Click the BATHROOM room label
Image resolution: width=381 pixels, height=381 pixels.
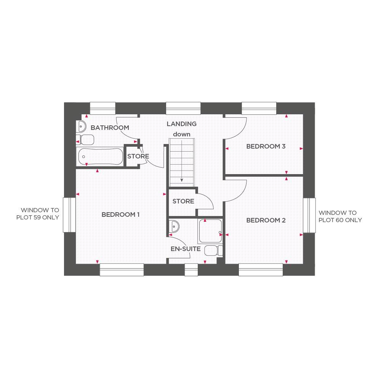click(110, 128)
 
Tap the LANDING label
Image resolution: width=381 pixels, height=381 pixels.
click(182, 124)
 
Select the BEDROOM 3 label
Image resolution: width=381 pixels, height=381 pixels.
click(266, 146)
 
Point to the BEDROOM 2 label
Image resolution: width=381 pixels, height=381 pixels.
click(266, 220)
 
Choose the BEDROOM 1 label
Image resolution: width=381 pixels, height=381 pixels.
click(120, 215)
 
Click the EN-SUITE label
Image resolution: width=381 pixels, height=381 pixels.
click(186, 249)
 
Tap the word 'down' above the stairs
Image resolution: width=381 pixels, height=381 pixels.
click(182, 134)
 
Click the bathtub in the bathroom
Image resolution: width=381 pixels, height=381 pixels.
click(100, 156)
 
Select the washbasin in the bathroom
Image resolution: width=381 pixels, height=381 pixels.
click(81, 125)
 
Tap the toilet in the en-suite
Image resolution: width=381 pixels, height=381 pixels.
click(213, 251)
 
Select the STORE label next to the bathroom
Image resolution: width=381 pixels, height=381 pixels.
click(138, 157)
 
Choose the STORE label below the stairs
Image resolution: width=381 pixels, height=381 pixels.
click(183, 201)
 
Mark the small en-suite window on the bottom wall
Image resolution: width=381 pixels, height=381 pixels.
click(191, 269)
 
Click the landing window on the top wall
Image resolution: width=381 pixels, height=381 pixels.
click(183, 108)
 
